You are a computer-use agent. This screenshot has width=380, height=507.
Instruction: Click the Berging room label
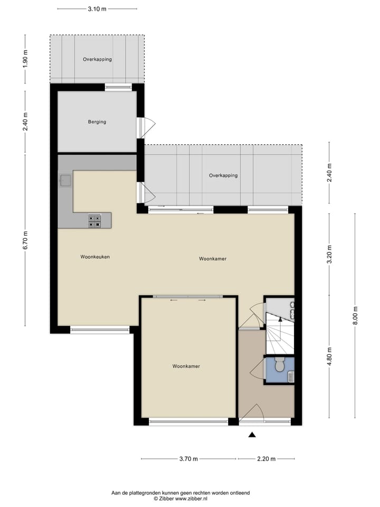pyautogui.click(x=97, y=122)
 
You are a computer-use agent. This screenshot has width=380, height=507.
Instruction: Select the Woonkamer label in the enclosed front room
pyautogui.click(x=186, y=366)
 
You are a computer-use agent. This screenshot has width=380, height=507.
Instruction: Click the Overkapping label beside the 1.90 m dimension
pyautogui.click(x=97, y=60)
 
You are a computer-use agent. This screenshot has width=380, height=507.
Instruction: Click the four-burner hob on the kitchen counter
pyautogui.click(x=94, y=221)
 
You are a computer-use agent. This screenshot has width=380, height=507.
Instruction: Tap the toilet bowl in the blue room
pyautogui.click(x=279, y=365)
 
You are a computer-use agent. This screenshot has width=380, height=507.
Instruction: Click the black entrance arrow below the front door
pyautogui.click(x=252, y=435)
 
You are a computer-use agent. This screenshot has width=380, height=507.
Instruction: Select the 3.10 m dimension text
pyautogui.click(x=97, y=9)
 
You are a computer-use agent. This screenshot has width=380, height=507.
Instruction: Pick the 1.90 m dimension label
pyautogui.click(x=25, y=59)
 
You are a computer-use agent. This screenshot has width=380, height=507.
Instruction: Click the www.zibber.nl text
pyautogui.click(x=192, y=499)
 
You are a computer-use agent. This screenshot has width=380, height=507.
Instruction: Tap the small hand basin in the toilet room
pyautogui.click(x=291, y=376)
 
